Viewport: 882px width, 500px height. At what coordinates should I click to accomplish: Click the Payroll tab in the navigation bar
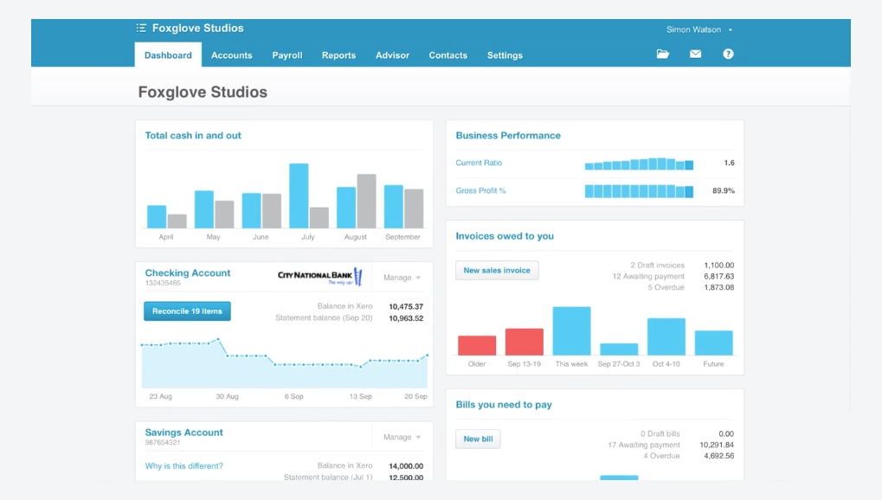[286, 55]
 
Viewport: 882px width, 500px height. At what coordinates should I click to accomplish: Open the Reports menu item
[338, 55]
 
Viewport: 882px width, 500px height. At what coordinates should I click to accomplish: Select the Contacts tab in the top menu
[447, 55]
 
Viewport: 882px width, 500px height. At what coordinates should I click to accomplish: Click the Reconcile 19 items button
[187, 311]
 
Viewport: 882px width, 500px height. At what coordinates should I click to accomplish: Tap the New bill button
[478, 439]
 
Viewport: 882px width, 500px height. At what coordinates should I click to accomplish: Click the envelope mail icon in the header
[695, 54]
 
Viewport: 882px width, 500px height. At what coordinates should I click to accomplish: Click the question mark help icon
[728, 54]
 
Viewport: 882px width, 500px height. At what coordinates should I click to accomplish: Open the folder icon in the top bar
[663, 54]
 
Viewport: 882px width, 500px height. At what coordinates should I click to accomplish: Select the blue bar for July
[299, 196]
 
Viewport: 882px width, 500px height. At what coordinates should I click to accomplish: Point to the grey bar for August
[366, 201]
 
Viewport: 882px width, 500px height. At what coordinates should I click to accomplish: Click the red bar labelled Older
[477, 346]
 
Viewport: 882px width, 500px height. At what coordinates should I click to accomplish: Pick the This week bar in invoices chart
[571, 331]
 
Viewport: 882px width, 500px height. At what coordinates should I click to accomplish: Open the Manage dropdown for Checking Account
[402, 278]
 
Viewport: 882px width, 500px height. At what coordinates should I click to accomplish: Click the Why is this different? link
[183, 466]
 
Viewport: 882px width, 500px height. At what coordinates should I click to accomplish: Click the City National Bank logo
[319, 277]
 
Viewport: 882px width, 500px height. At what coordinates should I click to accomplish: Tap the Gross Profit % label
[480, 191]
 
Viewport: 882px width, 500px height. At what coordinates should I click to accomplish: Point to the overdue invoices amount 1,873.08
[719, 287]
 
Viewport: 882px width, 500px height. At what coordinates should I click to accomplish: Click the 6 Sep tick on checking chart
[293, 396]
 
